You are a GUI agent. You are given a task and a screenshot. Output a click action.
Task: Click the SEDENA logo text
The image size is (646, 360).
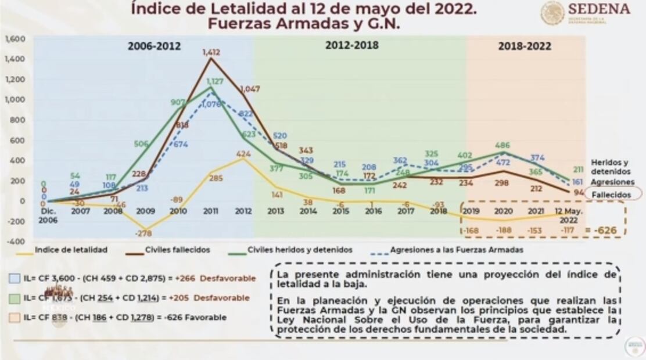point(598,9)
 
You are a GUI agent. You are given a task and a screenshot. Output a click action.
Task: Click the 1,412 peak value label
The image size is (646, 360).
point(211,52)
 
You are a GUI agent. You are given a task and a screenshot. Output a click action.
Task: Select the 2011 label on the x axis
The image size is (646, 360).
point(210,211)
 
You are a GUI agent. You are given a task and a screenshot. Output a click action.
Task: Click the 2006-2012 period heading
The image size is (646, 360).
point(154,46)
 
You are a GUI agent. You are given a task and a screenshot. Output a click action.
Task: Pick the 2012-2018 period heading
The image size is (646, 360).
point(351,45)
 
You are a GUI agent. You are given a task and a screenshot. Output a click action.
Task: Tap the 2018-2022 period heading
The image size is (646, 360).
point(525,46)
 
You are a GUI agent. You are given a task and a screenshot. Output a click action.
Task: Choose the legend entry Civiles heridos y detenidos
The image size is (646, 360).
point(300,250)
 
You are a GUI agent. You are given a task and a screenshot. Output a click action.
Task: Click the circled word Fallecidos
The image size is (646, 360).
point(607,195)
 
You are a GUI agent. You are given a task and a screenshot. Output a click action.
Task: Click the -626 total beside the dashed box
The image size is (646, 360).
point(606,231)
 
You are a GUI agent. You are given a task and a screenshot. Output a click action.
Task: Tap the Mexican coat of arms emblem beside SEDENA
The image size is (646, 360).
point(552,13)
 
